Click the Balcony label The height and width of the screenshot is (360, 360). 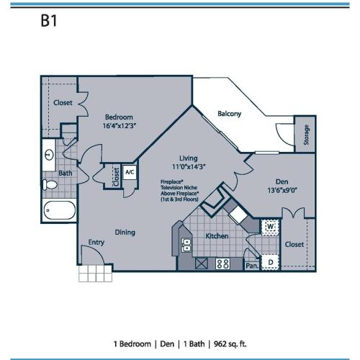[x=229, y=114]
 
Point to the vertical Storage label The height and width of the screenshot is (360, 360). [x=306, y=135]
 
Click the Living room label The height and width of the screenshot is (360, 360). [x=189, y=158]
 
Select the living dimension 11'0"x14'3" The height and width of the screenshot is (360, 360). [x=189, y=167]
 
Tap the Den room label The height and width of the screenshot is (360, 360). [x=282, y=182]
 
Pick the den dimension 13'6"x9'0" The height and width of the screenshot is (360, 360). [x=282, y=192]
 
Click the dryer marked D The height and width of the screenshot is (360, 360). [x=270, y=262]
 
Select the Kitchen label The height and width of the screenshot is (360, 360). [x=217, y=235]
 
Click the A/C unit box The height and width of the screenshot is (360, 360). [x=130, y=174]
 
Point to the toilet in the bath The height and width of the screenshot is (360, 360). [x=50, y=186]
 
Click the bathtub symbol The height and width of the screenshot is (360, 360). [x=57, y=211]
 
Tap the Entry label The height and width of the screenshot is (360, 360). [x=96, y=243]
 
